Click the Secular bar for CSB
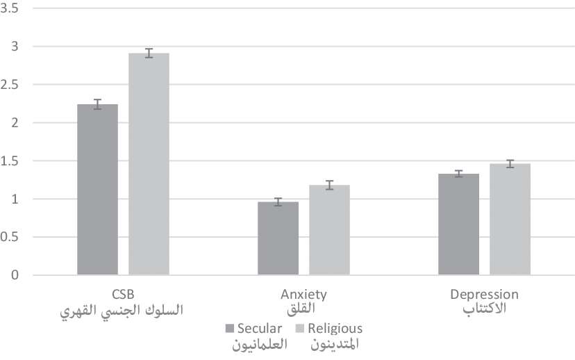pos(97,190)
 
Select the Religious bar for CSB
pos(149,164)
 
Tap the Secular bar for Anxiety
pos(278,238)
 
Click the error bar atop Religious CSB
pos(149,53)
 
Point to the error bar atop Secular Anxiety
pos(278,202)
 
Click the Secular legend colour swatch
pos(229,328)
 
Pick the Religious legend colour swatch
pos(301,328)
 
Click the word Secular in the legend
pos(260,328)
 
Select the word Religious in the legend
pos(335,328)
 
